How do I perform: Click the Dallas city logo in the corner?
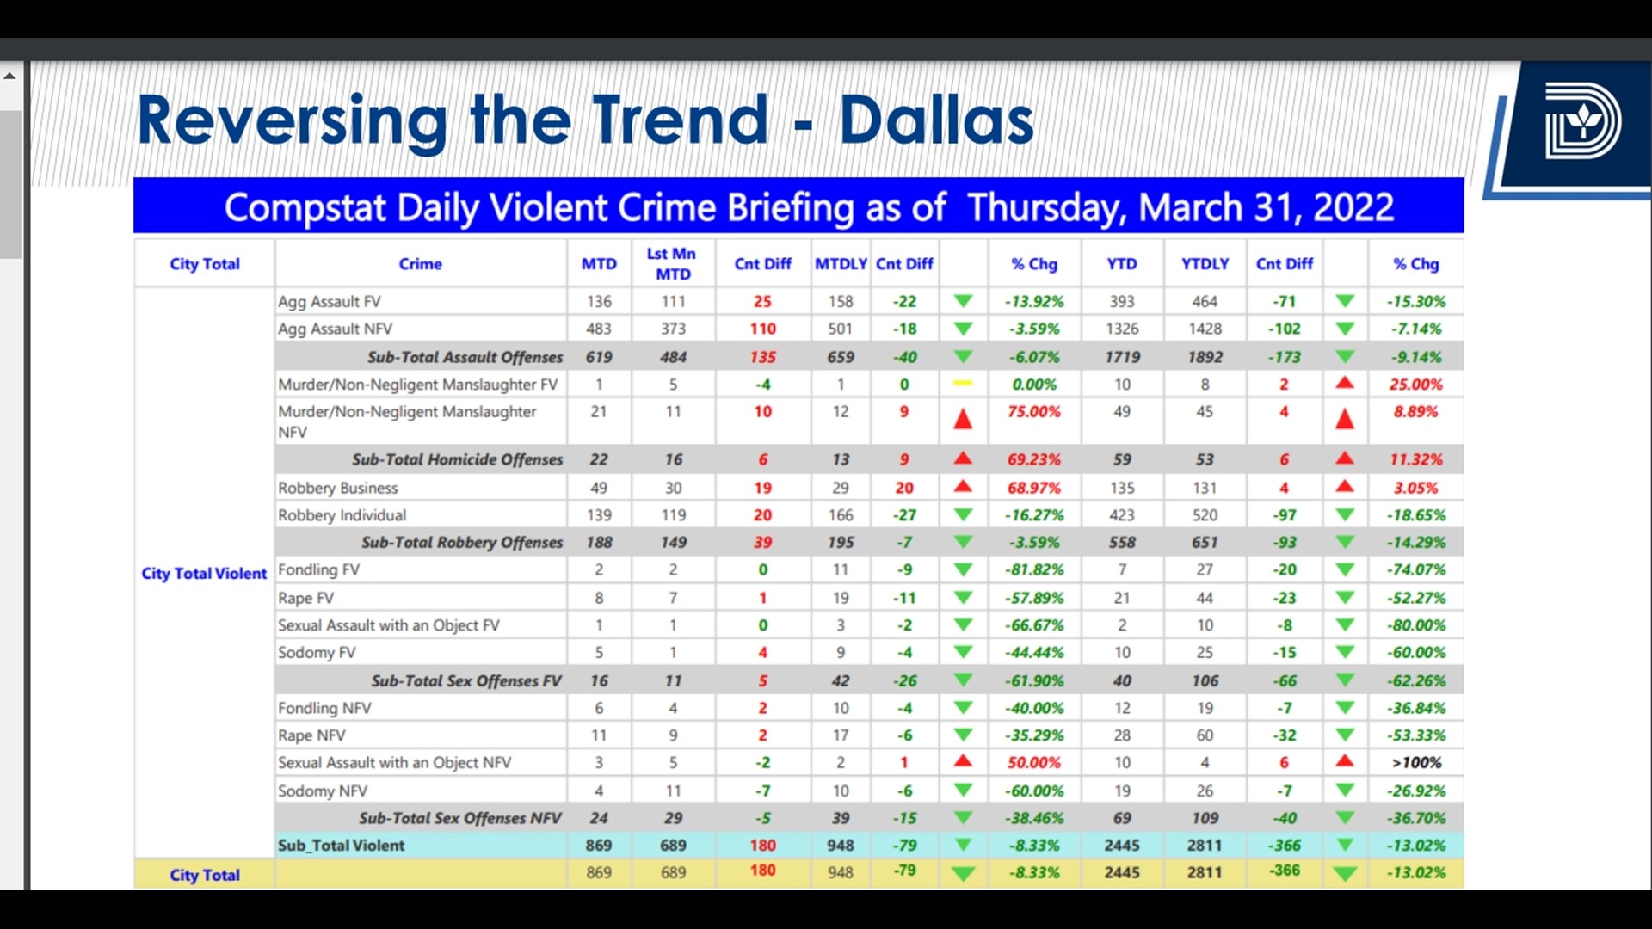tap(1581, 121)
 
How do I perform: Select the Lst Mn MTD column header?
tap(672, 264)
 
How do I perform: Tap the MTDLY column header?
tap(840, 264)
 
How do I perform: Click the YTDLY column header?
tap(1205, 264)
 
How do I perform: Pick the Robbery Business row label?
tap(337, 488)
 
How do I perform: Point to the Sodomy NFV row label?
tap(322, 791)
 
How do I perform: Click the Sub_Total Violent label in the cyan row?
tap(341, 846)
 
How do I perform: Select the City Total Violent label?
tap(204, 574)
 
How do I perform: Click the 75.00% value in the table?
tap(1033, 412)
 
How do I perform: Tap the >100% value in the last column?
tap(1415, 763)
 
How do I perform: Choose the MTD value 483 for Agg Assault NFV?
tap(598, 329)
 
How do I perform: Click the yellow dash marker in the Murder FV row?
tap(963, 384)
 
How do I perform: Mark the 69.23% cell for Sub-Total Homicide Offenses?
tap(1033, 459)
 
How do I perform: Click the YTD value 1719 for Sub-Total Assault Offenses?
tap(1122, 357)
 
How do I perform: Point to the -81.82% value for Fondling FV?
tap(1033, 569)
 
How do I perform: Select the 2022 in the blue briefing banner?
tap(1353, 207)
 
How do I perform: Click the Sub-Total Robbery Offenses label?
tap(461, 543)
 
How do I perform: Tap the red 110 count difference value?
tap(762, 329)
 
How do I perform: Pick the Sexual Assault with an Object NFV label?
tap(394, 763)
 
